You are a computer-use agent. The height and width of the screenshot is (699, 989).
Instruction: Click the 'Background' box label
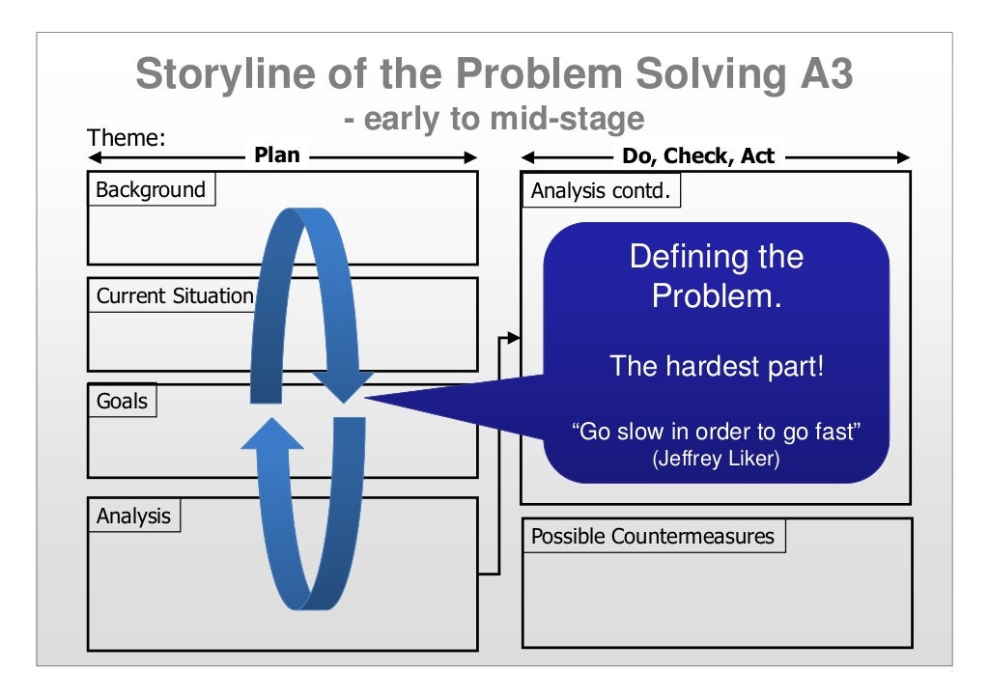[151, 190]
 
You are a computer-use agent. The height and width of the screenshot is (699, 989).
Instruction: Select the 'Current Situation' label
[175, 295]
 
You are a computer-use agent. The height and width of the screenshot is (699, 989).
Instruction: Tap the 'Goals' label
[122, 401]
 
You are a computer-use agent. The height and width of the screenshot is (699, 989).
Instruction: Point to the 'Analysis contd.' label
[601, 190]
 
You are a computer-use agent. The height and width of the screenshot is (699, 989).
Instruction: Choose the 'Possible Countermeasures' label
[653, 536]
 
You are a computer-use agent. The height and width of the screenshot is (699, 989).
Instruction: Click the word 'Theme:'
[127, 137]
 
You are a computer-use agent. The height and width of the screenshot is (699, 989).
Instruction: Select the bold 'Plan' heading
[277, 155]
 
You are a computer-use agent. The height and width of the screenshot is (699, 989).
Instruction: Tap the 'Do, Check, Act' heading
[698, 155]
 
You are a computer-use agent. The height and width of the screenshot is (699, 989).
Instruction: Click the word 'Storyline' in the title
[226, 73]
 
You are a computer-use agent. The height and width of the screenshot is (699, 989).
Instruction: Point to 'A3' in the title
[827, 73]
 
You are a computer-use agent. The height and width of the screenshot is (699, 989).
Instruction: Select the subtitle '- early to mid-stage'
[494, 119]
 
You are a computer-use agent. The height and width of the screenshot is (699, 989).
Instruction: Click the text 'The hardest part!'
[717, 366]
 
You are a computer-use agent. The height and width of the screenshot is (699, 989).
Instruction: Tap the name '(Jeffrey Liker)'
[717, 458]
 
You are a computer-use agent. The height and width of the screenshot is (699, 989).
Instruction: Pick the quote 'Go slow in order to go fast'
[717, 432]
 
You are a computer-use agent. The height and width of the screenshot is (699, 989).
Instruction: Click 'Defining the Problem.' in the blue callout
[717, 276]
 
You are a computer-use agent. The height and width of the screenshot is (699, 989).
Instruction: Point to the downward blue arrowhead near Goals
[344, 386]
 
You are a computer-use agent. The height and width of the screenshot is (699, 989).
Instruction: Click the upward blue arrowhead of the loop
[272, 433]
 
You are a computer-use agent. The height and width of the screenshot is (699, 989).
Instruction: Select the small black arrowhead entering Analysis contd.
[514, 338]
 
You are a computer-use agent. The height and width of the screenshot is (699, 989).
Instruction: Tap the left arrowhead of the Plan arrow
[95, 157]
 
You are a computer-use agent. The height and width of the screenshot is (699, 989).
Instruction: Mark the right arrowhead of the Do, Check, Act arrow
[903, 157]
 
